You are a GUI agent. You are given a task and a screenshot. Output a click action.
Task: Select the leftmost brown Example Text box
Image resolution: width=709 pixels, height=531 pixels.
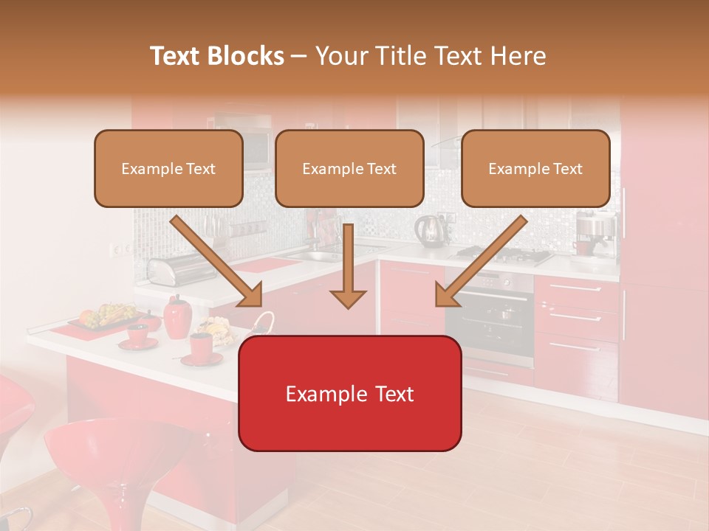[x=168, y=169]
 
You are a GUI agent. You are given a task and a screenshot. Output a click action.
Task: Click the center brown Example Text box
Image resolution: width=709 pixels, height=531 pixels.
[x=349, y=169]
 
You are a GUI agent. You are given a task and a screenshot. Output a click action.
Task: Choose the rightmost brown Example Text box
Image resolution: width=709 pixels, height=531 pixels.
[x=535, y=169]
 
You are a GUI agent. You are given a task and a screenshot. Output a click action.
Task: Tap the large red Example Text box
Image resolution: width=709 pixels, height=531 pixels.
[x=349, y=394]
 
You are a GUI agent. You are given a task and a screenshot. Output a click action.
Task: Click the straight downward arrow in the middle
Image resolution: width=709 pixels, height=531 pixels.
[x=348, y=265]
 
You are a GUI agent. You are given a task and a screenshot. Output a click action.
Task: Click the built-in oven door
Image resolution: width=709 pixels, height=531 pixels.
[x=489, y=321]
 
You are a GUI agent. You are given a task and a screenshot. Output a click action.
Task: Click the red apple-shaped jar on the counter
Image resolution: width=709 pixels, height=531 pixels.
[x=177, y=317]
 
